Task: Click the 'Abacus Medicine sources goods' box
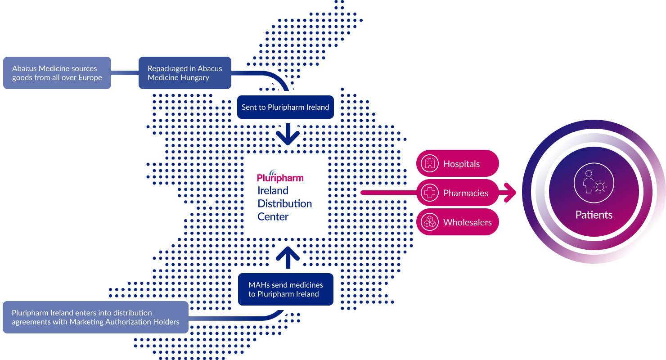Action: (x=57, y=73)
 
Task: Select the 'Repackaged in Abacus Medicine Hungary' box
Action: (x=185, y=73)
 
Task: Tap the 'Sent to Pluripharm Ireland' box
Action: (x=285, y=107)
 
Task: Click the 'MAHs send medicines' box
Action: (x=286, y=289)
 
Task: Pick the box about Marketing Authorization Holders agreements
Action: (x=95, y=317)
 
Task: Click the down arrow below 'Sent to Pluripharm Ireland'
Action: (x=288, y=134)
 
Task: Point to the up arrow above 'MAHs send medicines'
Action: (x=288, y=257)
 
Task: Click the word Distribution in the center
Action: (x=284, y=204)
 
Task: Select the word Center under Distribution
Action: (x=273, y=217)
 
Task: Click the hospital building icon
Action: (x=430, y=163)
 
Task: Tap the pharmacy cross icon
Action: (x=430, y=193)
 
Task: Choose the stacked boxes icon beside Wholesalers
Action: (x=430, y=222)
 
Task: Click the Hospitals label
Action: (x=461, y=164)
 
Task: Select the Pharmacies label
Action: (x=466, y=193)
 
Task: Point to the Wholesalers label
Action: (x=468, y=222)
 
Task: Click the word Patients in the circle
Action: (x=594, y=215)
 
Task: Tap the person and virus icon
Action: (x=594, y=183)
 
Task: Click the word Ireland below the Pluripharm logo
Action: (x=273, y=190)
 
